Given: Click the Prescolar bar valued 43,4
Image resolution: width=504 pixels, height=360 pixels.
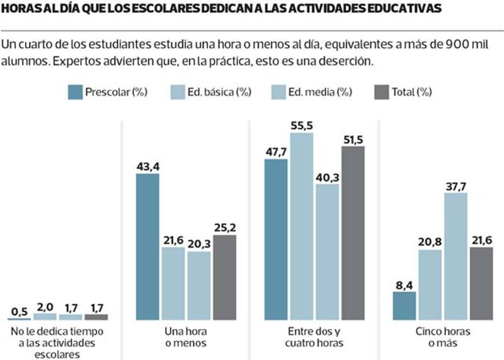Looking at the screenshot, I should (x=148, y=247).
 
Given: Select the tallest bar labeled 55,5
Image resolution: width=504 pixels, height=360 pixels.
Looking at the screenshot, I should (x=302, y=226).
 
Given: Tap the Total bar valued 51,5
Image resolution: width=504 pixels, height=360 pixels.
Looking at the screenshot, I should (x=353, y=233).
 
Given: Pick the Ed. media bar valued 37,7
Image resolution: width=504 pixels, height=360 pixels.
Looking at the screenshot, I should (x=455, y=256).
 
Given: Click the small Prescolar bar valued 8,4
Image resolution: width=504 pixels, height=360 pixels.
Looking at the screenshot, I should (x=404, y=305).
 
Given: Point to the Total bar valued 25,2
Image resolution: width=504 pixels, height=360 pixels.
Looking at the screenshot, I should (x=224, y=277).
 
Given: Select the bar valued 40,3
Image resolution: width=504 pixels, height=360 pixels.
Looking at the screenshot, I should (x=327, y=252).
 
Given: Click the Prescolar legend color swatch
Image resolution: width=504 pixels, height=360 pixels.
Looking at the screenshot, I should (x=76, y=92).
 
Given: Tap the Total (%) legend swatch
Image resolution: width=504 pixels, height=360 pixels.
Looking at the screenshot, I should (x=382, y=92).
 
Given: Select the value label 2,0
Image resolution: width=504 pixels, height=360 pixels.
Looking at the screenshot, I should (x=45, y=306).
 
